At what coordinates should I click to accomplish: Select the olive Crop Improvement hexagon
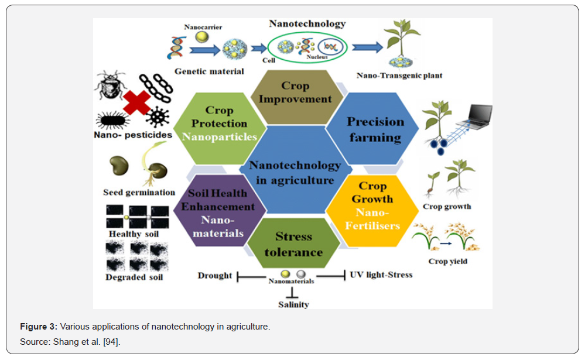pyautogui.click(x=296, y=94)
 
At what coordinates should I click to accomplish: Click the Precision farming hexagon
pyautogui.click(x=375, y=130)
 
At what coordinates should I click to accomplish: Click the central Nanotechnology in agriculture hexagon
pyautogui.click(x=295, y=172)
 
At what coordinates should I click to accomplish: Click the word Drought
pyautogui.click(x=215, y=276)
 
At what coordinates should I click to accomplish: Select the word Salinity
pyautogui.click(x=293, y=304)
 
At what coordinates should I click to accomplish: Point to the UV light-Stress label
pyautogui.click(x=381, y=275)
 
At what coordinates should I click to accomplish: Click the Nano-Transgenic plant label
pyautogui.click(x=399, y=76)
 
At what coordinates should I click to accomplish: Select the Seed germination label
pyautogui.click(x=139, y=192)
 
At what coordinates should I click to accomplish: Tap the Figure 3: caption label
pyautogui.click(x=39, y=327)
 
